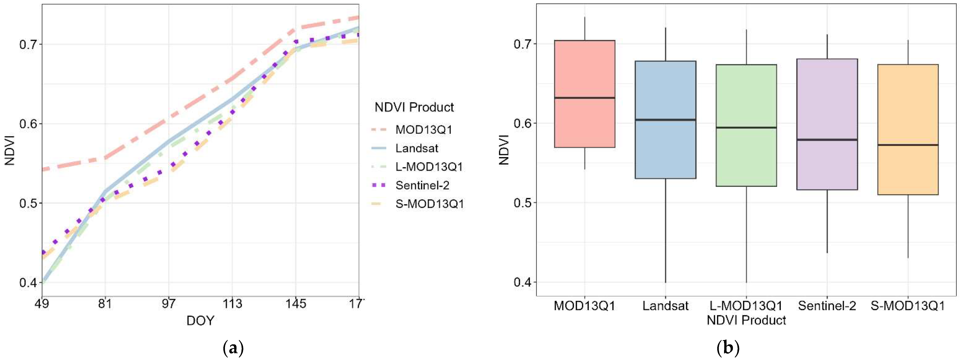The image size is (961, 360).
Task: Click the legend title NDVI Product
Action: tap(414, 107)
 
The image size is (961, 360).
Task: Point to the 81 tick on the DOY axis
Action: tap(105, 304)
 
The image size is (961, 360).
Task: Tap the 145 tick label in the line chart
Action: tap(296, 304)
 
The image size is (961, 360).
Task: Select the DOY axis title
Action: tap(200, 321)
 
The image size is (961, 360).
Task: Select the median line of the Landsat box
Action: tap(665, 120)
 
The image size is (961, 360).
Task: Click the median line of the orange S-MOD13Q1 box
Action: tap(908, 145)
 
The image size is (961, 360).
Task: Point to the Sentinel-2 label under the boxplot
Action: tap(827, 306)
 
